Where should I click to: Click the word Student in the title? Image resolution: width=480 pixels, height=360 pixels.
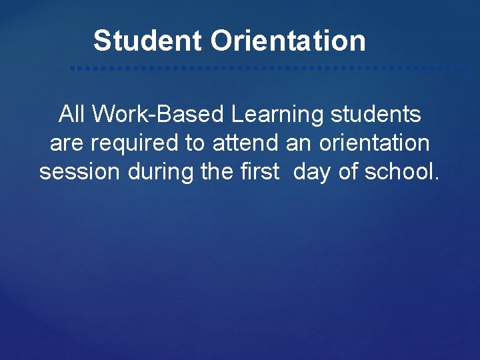tap(148, 41)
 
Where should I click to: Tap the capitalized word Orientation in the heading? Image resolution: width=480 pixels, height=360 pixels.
tap(288, 41)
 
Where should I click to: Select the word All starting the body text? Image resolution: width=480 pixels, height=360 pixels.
tap(72, 115)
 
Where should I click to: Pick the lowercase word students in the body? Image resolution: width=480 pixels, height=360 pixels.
tap(375, 115)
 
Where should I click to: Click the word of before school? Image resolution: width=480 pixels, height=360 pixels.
tap(349, 172)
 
